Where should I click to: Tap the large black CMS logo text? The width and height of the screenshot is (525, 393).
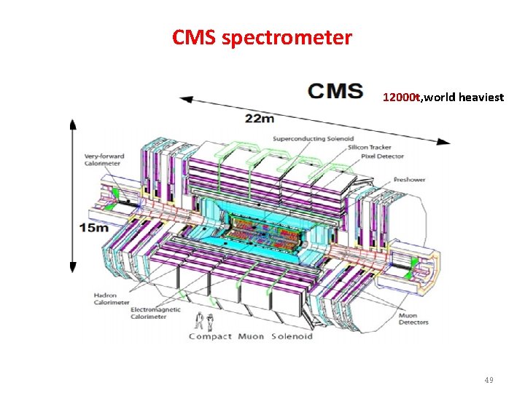pyautogui.click(x=335, y=91)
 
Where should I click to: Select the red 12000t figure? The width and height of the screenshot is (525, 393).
pyautogui.click(x=402, y=97)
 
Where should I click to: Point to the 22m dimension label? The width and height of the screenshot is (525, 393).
pyautogui.click(x=261, y=118)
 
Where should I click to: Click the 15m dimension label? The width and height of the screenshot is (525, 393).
pyautogui.click(x=94, y=228)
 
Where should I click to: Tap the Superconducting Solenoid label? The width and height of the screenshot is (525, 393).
pyautogui.click(x=314, y=138)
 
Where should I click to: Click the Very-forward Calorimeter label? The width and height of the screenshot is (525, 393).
pyautogui.click(x=104, y=159)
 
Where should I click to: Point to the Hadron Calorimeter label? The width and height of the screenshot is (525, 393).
pyautogui.click(x=112, y=299)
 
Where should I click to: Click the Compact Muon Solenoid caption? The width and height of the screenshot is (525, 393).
pyautogui.click(x=251, y=336)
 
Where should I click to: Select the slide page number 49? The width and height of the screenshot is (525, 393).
pyautogui.click(x=488, y=381)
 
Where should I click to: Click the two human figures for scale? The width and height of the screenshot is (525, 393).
pyautogui.click(x=204, y=321)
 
